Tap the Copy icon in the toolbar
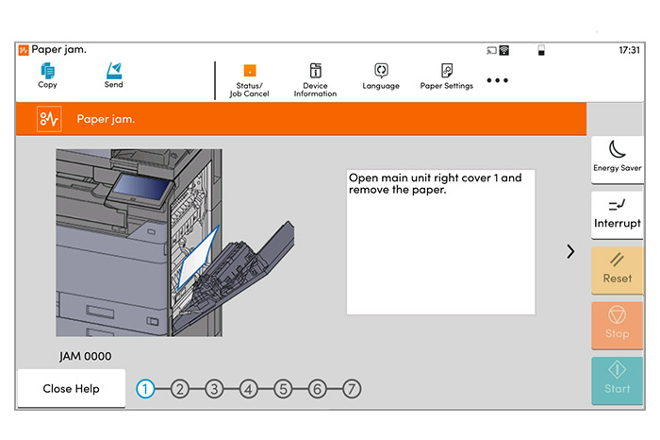47,76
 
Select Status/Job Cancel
250,80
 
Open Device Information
315,80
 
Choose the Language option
381,76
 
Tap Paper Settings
447,76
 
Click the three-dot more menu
498,80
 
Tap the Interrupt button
618,213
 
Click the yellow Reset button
618,268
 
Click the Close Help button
72,388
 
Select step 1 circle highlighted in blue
146,388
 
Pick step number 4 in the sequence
249,388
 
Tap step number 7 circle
351,388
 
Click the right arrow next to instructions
570,251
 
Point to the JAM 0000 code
85,356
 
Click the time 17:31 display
629,49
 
